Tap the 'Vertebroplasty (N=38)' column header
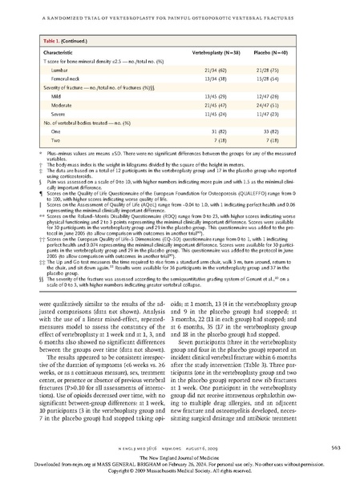tap(219, 50)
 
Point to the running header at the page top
tap(180, 6)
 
